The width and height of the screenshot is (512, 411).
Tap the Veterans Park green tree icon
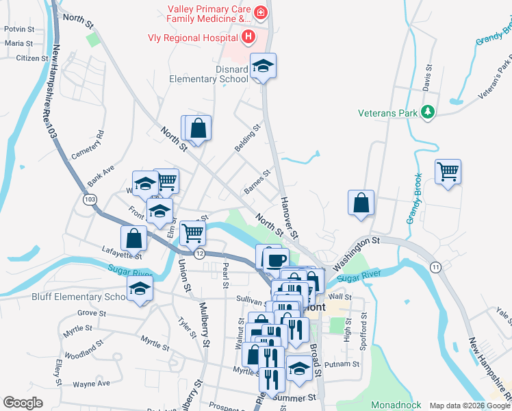pyautogui.click(x=428, y=112)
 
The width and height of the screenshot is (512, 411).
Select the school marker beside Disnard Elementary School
pyautogui.click(x=263, y=66)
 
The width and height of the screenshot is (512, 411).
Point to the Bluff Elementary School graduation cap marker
pyautogui.click(x=140, y=288)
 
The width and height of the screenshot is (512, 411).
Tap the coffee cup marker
pyautogui.click(x=275, y=260)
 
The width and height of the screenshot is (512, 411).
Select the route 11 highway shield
pyautogui.click(x=435, y=266)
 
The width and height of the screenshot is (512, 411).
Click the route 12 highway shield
pyautogui.click(x=199, y=254)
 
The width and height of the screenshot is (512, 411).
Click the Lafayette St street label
pyautogui.click(x=121, y=252)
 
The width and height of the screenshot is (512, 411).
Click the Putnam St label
pyautogui.click(x=342, y=364)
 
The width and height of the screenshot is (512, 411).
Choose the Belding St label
pyautogui.click(x=248, y=131)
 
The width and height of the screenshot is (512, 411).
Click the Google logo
pyautogui.click(x=23, y=403)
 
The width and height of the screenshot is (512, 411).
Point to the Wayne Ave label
pyautogui.click(x=92, y=384)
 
